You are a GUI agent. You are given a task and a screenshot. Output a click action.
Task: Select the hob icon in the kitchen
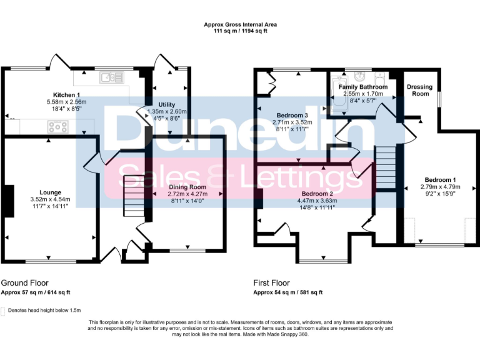click(58, 127)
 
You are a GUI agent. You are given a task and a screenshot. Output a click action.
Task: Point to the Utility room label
click(166, 104)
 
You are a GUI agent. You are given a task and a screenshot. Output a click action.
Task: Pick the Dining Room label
click(187, 187)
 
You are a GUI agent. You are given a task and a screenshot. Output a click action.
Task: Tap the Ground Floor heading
click(24, 283)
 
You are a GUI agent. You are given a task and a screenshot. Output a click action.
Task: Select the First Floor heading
click(273, 283)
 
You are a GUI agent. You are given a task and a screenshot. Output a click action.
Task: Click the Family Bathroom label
click(363, 87)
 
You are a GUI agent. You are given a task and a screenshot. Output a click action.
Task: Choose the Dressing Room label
click(418, 90)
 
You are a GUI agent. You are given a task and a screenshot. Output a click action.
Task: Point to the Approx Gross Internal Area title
click(240, 25)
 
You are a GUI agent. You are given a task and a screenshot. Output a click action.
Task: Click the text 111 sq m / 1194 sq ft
click(240, 31)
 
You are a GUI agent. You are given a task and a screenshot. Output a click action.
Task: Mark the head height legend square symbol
click(4, 310)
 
